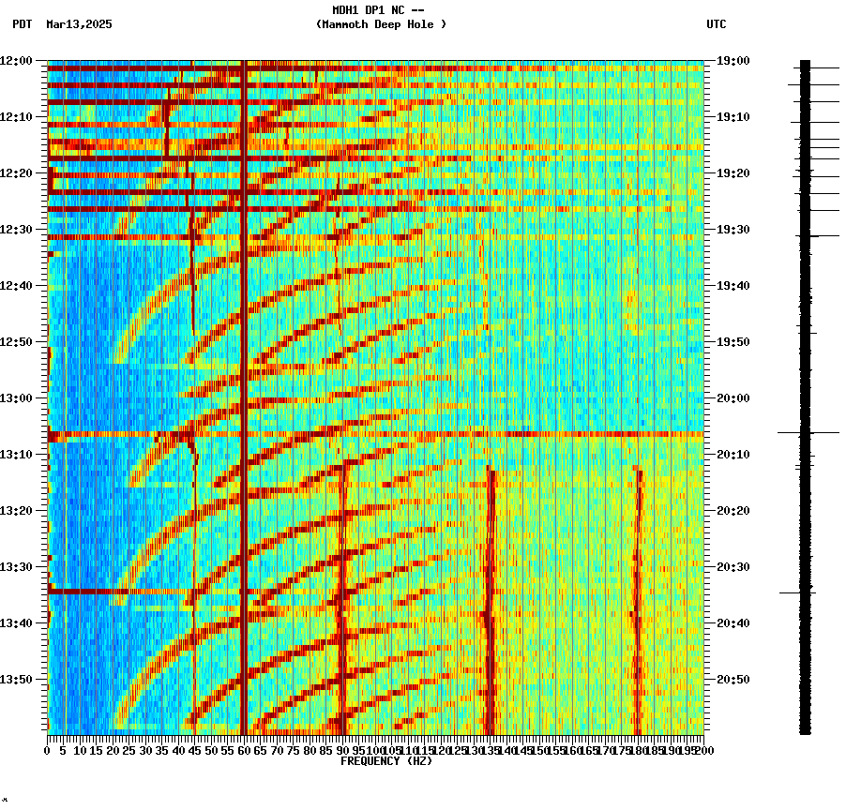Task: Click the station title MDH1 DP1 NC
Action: [x=379, y=9]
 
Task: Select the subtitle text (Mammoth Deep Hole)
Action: [x=381, y=24]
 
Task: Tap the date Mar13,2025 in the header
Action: [x=79, y=24]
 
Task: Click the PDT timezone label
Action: [x=22, y=24]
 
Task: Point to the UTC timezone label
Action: [x=716, y=24]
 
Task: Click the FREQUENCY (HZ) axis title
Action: [x=386, y=761]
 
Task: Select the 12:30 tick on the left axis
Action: [x=16, y=229]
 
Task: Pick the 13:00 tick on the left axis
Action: [x=16, y=397]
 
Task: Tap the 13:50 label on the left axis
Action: [x=16, y=679]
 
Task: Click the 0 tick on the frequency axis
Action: [x=48, y=750]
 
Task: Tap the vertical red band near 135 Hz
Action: [x=490, y=600]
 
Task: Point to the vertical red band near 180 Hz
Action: [x=639, y=600]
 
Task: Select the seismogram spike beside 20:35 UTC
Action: [x=797, y=592]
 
